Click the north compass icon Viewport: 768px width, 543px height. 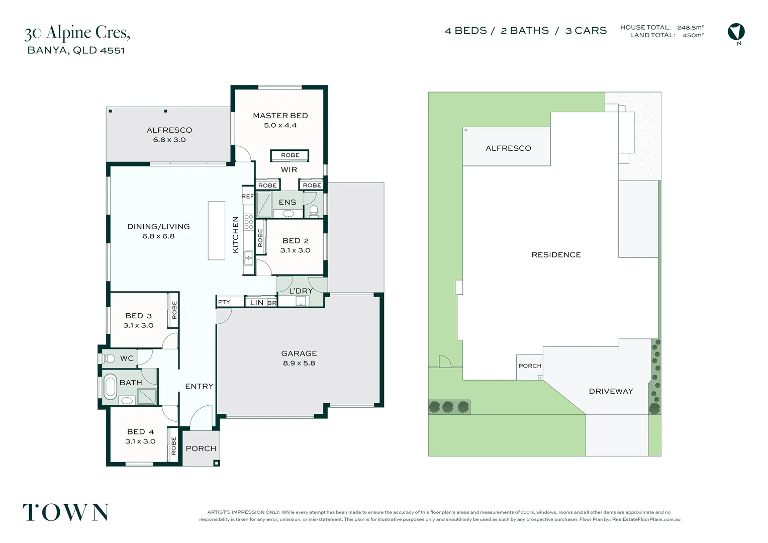(x=736, y=32)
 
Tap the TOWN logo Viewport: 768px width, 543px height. (x=66, y=512)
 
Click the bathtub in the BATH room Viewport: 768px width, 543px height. (x=110, y=387)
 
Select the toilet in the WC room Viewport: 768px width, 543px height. (x=108, y=358)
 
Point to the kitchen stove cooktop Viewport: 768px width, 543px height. (x=249, y=222)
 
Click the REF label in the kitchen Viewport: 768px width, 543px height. (x=248, y=196)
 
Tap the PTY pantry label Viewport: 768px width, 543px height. (x=224, y=302)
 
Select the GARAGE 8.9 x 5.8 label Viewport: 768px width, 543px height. (x=299, y=358)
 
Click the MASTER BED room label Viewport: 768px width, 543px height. (x=280, y=116)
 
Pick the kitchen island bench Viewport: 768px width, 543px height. (x=216, y=230)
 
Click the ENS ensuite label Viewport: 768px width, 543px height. (x=287, y=203)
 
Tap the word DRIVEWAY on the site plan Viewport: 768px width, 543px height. (x=611, y=391)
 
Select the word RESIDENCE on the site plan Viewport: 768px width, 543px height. (x=556, y=255)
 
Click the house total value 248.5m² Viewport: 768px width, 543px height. (x=691, y=28)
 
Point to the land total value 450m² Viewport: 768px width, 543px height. (x=693, y=35)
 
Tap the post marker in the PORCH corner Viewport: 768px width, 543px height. (x=216, y=463)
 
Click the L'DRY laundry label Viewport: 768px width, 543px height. (x=301, y=291)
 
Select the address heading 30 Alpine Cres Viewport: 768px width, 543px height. (x=77, y=33)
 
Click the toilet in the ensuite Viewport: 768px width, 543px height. (x=314, y=211)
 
